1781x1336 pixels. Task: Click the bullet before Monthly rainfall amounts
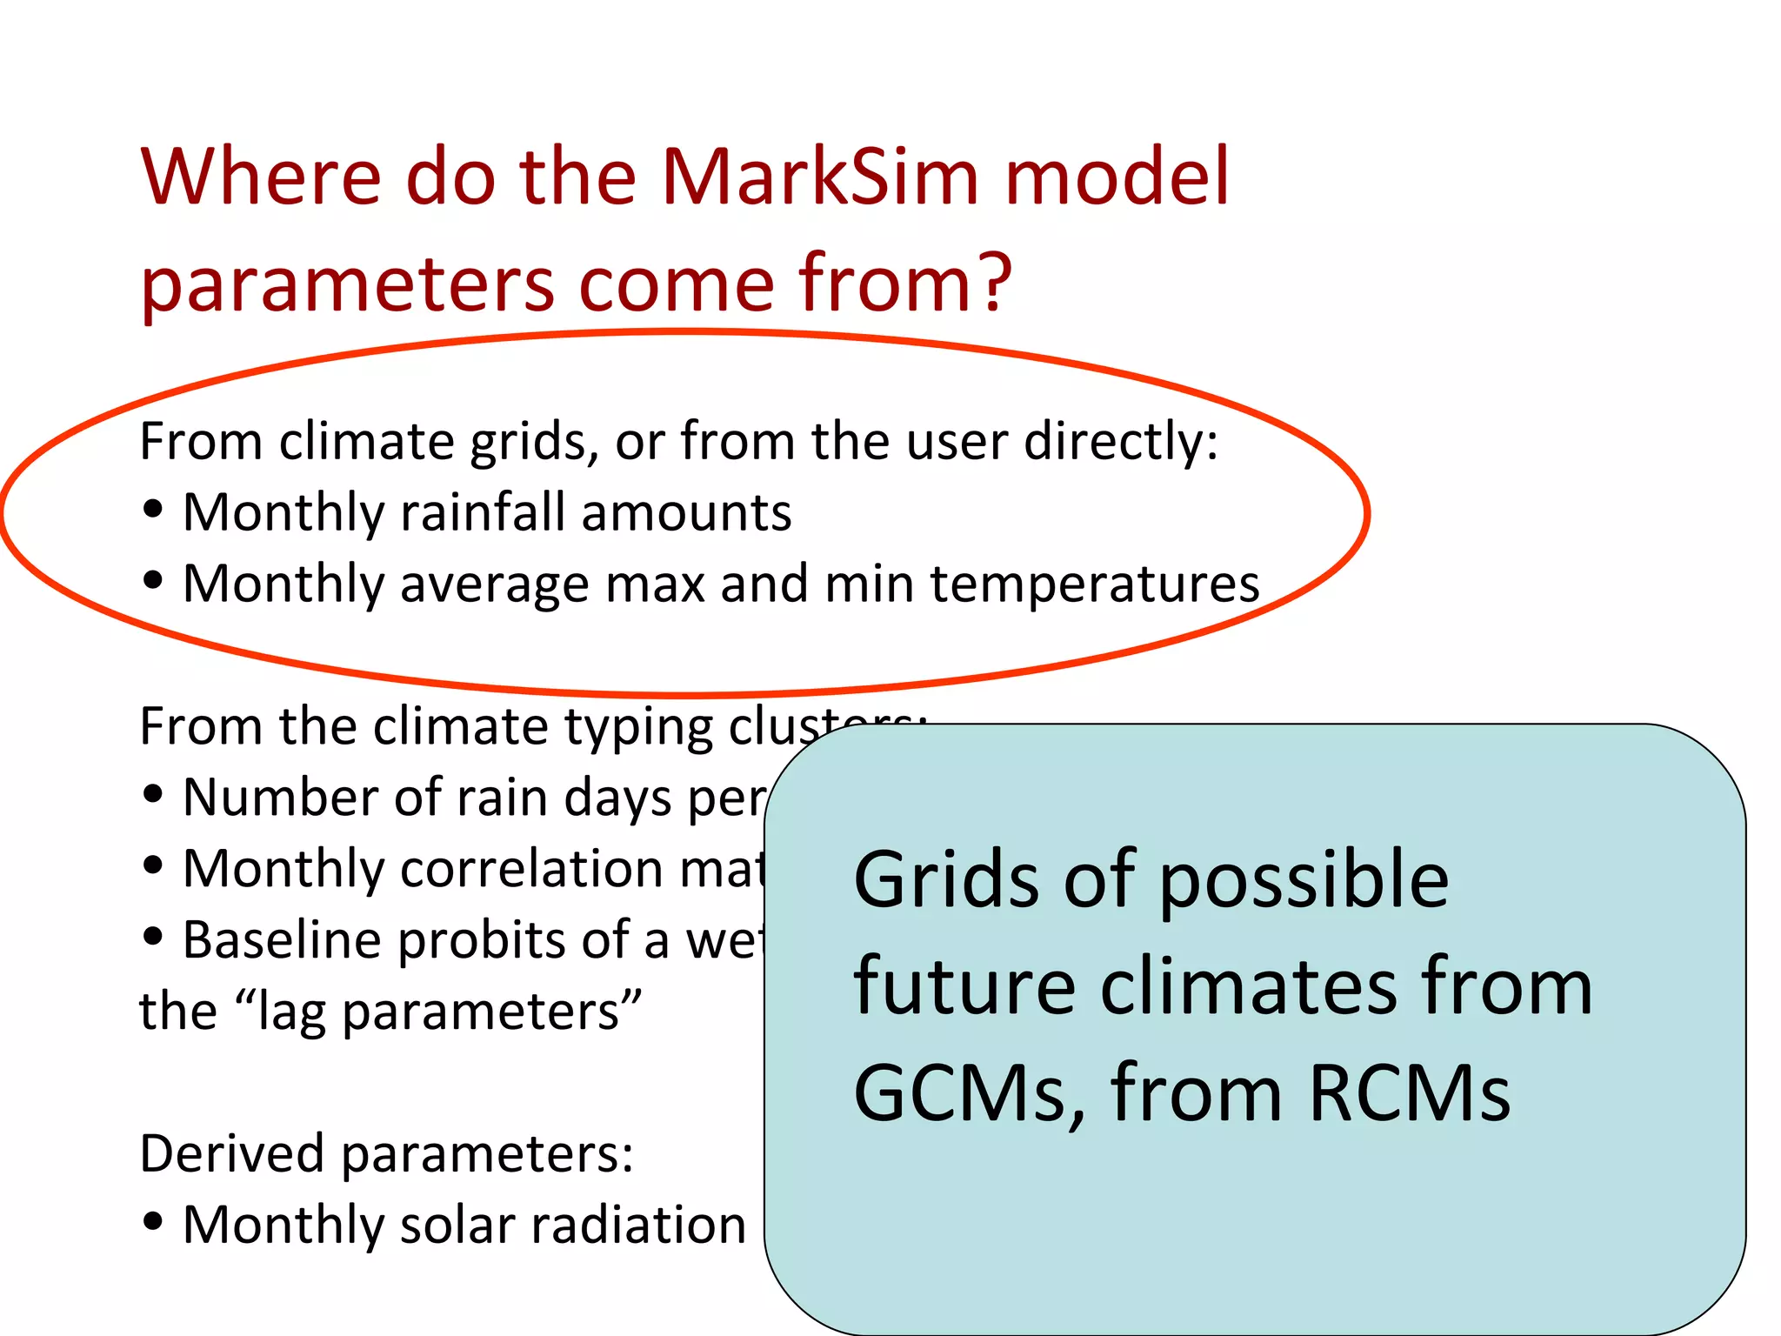click(x=153, y=510)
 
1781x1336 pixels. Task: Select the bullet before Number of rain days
click(x=153, y=794)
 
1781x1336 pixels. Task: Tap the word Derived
click(x=231, y=1154)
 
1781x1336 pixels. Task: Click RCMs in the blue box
click(x=1409, y=1093)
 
